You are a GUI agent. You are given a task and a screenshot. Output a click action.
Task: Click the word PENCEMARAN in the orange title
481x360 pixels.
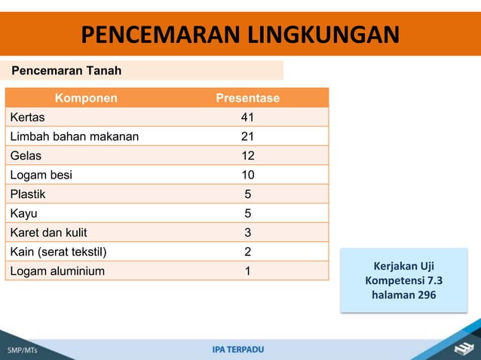pos(154,35)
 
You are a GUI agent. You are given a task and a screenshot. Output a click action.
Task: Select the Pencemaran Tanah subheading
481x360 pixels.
pos(66,71)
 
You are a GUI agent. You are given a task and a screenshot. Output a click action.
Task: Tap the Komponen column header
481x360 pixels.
pos(85,98)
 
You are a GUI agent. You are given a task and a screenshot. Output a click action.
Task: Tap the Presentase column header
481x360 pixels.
pos(247,98)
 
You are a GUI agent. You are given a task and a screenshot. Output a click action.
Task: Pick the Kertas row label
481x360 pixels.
pos(27,117)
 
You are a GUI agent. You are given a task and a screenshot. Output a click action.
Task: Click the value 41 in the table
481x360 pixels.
pos(247,117)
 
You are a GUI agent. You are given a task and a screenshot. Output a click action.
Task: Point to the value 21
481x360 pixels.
pos(247,136)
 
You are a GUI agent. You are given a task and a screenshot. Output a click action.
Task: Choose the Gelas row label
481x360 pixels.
pos(26,156)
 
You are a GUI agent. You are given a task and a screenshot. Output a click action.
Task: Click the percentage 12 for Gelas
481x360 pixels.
pos(247,156)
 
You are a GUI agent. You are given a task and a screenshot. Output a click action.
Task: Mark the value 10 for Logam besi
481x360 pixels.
pos(247,175)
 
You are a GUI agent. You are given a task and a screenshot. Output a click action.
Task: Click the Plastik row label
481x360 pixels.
pos(28,194)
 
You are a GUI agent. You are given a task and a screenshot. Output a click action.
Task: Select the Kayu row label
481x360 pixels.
pos(23,213)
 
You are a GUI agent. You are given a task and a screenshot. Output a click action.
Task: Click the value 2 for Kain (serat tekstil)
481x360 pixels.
pos(247,252)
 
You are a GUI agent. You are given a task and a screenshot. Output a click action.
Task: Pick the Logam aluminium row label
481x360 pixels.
pos(57,270)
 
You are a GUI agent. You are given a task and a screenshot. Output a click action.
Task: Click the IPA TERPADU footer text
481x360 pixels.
pos(238,349)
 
